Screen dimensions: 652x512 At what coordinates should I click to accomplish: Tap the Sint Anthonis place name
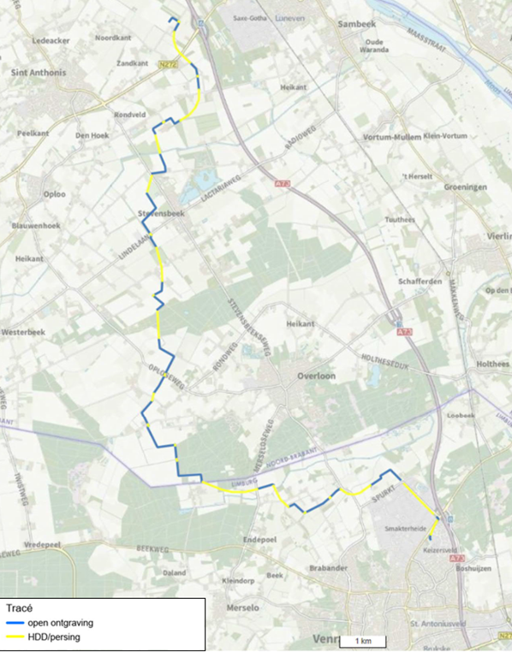(x=38, y=73)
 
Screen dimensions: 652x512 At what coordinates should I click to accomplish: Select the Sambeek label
(x=359, y=26)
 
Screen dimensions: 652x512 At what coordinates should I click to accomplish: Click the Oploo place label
(x=54, y=193)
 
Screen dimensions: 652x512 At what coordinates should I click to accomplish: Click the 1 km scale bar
(x=363, y=641)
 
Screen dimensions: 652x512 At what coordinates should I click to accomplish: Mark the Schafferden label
(x=420, y=282)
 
